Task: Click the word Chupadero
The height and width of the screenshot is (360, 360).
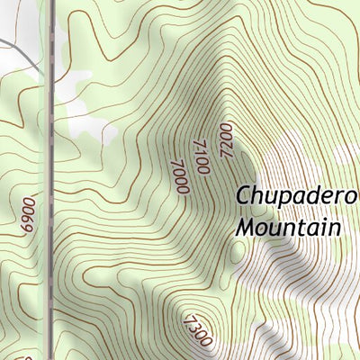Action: click(297, 198)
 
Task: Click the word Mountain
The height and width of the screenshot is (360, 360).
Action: click(289, 226)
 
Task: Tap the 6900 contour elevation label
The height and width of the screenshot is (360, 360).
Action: click(28, 215)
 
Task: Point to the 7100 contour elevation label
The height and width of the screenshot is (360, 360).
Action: click(201, 156)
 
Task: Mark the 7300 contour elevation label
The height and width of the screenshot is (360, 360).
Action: click(197, 331)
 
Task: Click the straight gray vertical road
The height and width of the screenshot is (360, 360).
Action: click(50, 180)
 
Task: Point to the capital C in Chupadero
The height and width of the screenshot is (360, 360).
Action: click(245, 196)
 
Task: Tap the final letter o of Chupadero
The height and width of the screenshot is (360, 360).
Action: click(351, 198)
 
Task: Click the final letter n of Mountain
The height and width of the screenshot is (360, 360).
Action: click(335, 228)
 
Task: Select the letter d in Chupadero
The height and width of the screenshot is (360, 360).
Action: click(306, 196)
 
